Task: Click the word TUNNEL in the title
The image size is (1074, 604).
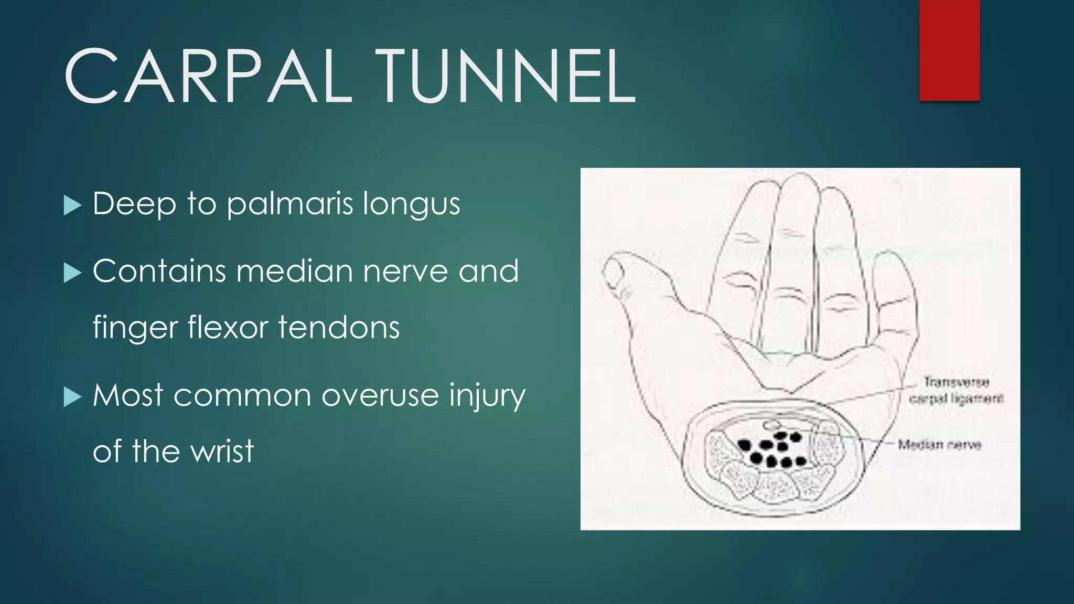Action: pos(508,77)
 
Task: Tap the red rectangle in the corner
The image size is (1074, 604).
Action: pos(949,50)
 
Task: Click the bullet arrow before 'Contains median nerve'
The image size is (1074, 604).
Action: pos(72,273)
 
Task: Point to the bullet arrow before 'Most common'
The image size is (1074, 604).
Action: pos(72,396)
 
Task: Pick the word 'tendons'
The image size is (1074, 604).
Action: pos(339,327)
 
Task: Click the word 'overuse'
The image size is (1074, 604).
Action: pos(380,396)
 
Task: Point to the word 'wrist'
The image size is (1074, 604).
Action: pos(222,451)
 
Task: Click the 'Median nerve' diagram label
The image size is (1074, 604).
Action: pos(939,445)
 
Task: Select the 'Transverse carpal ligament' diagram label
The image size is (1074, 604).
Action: pos(956,390)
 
